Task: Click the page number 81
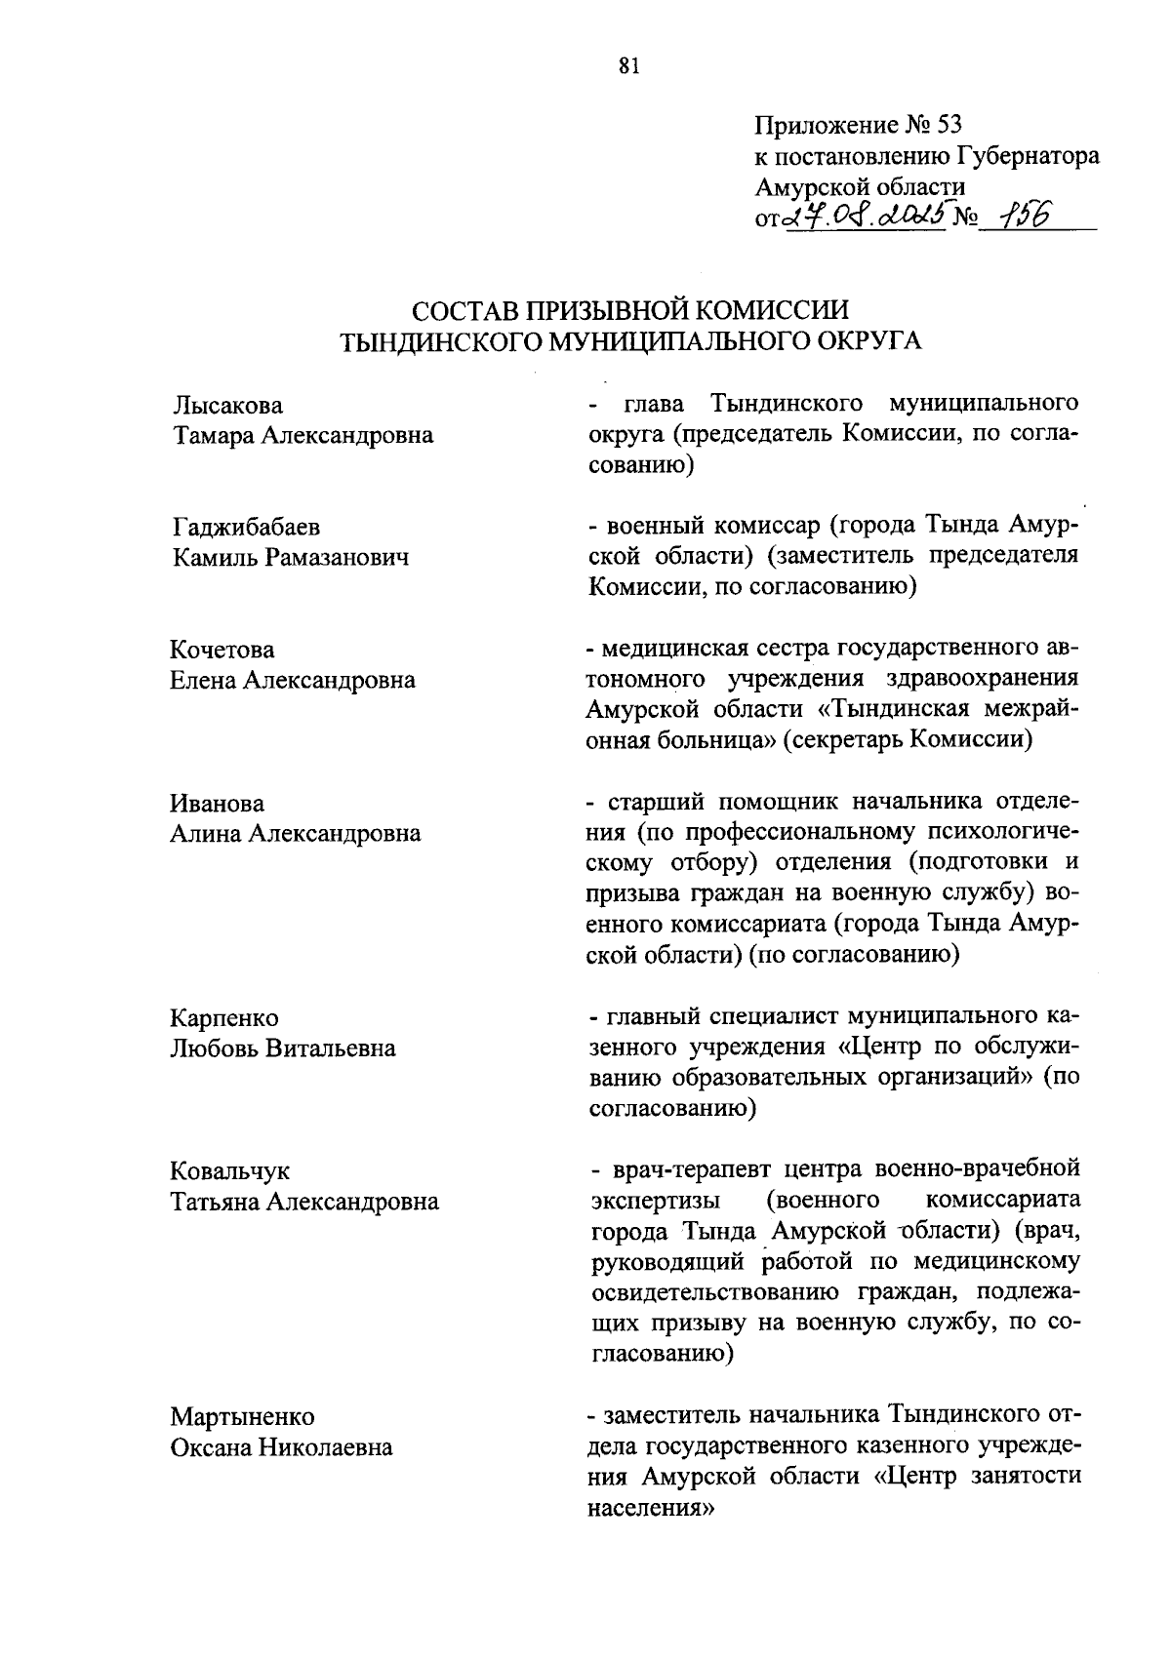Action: tap(628, 66)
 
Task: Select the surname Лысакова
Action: tap(227, 405)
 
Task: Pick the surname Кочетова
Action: tap(222, 651)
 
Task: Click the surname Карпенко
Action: tap(224, 1018)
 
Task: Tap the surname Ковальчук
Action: tap(230, 1171)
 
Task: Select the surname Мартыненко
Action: tap(242, 1416)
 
